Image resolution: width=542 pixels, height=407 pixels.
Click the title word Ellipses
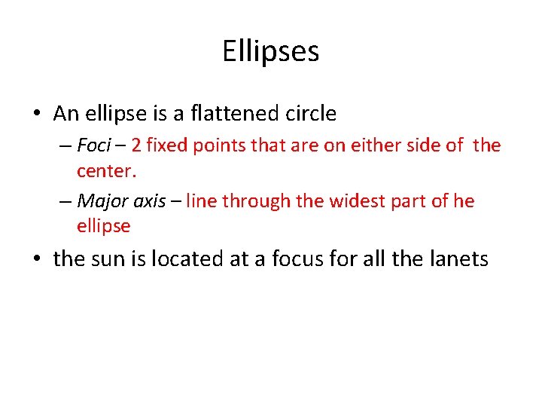pyautogui.click(x=271, y=52)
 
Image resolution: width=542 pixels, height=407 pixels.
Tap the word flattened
pyautogui.click(x=234, y=114)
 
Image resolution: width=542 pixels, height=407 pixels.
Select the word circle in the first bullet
pyautogui.click(x=310, y=114)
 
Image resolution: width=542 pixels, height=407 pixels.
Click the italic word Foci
pyautogui.click(x=93, y=145)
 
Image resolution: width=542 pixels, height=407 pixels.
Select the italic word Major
pyautogui.click(x=99, y=201)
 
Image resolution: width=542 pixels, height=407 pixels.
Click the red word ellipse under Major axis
pyautogui.click(x=104, y=226)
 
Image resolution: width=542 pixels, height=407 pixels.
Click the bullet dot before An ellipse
pyautogui.click(x=37, y=115)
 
